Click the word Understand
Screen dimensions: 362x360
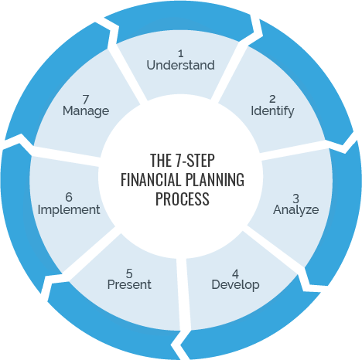tap(180, 65)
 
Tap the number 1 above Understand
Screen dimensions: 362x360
tap(181, 53)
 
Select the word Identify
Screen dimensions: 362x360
tap(272, 111)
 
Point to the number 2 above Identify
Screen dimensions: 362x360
tap(272, 99)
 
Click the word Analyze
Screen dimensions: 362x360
tap(296, 209)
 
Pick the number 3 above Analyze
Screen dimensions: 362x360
tap(295, 199)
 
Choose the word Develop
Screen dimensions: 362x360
tap(235, 285)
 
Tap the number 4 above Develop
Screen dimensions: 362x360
tap(235, 273)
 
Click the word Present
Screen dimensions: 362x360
tap(129, 284)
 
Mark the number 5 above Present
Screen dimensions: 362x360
tap(129, 273)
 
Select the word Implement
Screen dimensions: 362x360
tap(69, 209)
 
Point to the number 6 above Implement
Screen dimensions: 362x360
tap(69, 197)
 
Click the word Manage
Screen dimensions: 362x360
tap(86, 111)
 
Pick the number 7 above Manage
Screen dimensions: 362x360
tap(86, 100)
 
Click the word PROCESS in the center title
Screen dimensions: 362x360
tap(183, 199)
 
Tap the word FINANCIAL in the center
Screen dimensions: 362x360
tap(150, 179)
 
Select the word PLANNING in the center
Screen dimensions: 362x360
tap(214, 179)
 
